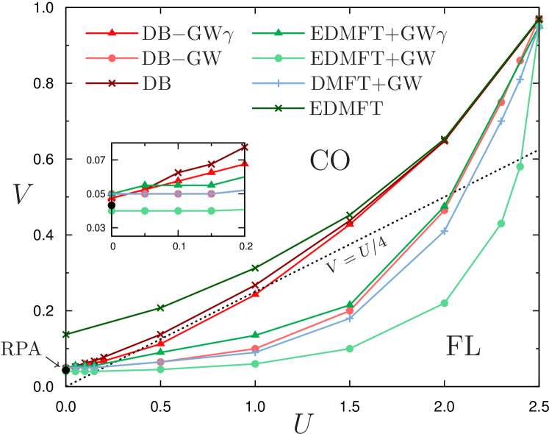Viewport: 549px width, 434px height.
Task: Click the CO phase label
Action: pyautogui.click(x=329, y=160)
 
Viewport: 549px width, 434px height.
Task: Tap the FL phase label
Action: pyautogui.click(x=463, y=346)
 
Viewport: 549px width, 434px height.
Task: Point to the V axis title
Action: pyautogui.click(x=23, y=195)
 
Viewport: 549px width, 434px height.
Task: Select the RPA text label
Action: pyautogui.click(x=21, y=349)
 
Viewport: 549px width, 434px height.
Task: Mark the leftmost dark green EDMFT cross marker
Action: pyautogui.click(x=65, y=334)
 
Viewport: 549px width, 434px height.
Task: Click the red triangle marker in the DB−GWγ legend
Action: pyautogui.click(x=112, y=34)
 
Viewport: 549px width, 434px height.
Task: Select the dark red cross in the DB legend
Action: pyautogui.click(x=112, y=84)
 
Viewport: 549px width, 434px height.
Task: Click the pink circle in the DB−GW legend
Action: pyautogui.click(x=112, y=59)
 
